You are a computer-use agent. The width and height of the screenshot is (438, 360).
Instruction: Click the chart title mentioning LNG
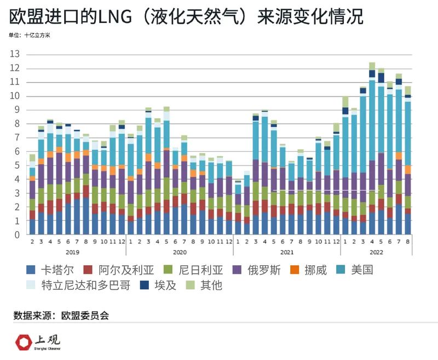click(186, 18)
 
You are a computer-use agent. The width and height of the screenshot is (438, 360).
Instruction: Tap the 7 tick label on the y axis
click(16, 138)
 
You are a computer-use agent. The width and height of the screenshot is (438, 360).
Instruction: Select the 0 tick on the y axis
click(16, 235)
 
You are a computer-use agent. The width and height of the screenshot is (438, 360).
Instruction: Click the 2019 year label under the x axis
click(72, 252)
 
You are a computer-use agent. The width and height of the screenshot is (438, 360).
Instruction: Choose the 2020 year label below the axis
click(180, 252)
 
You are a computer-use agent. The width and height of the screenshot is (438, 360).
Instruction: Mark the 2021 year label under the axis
click(287, 252)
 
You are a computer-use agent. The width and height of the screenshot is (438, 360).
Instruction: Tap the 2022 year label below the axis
click(377, 252)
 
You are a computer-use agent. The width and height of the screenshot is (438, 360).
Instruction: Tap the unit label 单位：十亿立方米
click(32, 36)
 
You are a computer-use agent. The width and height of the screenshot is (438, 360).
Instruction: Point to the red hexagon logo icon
click(23, 342)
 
